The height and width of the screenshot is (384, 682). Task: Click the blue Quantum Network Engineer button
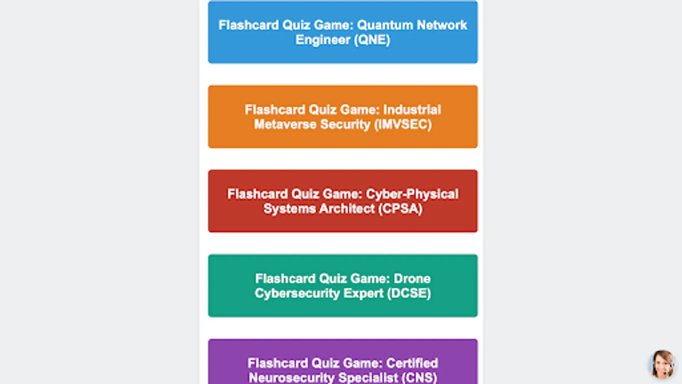coord(343,32)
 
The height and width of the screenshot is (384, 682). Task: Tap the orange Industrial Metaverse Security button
coord(343,116)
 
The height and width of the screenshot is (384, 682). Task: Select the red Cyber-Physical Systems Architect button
coord(343,201)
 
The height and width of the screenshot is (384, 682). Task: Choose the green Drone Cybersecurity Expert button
coord(343,285)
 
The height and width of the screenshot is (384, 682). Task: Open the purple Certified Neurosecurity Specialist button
coord(343,363)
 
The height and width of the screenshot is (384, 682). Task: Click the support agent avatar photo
coord(662,364)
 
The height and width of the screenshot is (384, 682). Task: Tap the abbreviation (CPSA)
coord(400,209)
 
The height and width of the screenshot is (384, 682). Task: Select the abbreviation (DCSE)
coord(409,293)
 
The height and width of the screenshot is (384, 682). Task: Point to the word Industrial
coord(412,110)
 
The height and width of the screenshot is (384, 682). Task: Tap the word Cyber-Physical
coord(412,194)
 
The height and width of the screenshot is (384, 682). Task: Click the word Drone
coord(412,279)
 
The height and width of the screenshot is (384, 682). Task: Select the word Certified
coord(412,363)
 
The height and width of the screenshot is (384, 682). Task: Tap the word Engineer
coord(323,40)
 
